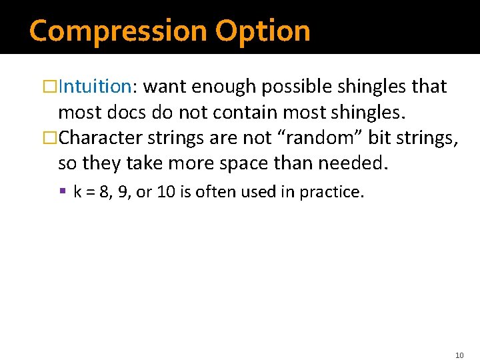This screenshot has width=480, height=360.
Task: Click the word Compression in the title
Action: [x=118, y=31]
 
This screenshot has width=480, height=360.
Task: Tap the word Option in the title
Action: [x=263, y=31]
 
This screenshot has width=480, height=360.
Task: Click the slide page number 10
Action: [x=459, y=337]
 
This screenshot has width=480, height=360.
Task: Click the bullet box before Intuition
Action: [x=51, y=87]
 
